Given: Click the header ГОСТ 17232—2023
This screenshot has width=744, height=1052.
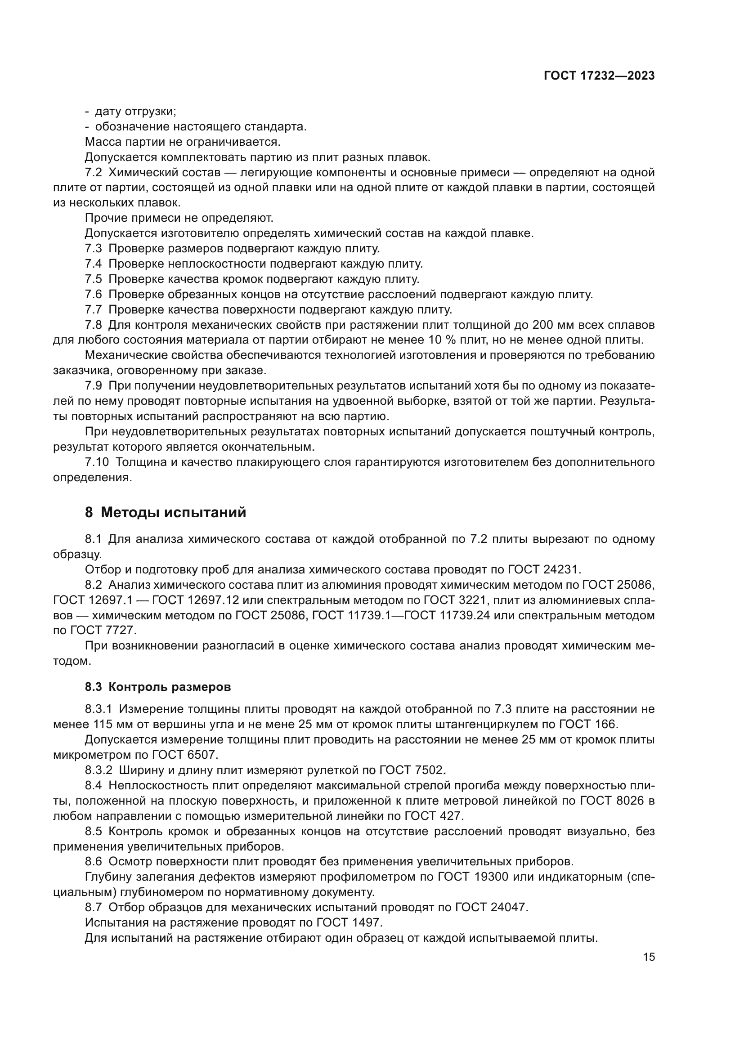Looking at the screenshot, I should (599, 76).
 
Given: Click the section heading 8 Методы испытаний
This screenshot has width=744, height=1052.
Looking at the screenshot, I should (166, 512).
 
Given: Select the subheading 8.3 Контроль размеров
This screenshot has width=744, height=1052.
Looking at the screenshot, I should (157, 687).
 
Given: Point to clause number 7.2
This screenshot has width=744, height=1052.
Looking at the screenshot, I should (93, 173).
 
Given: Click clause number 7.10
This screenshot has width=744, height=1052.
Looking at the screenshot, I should (97, 462).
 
